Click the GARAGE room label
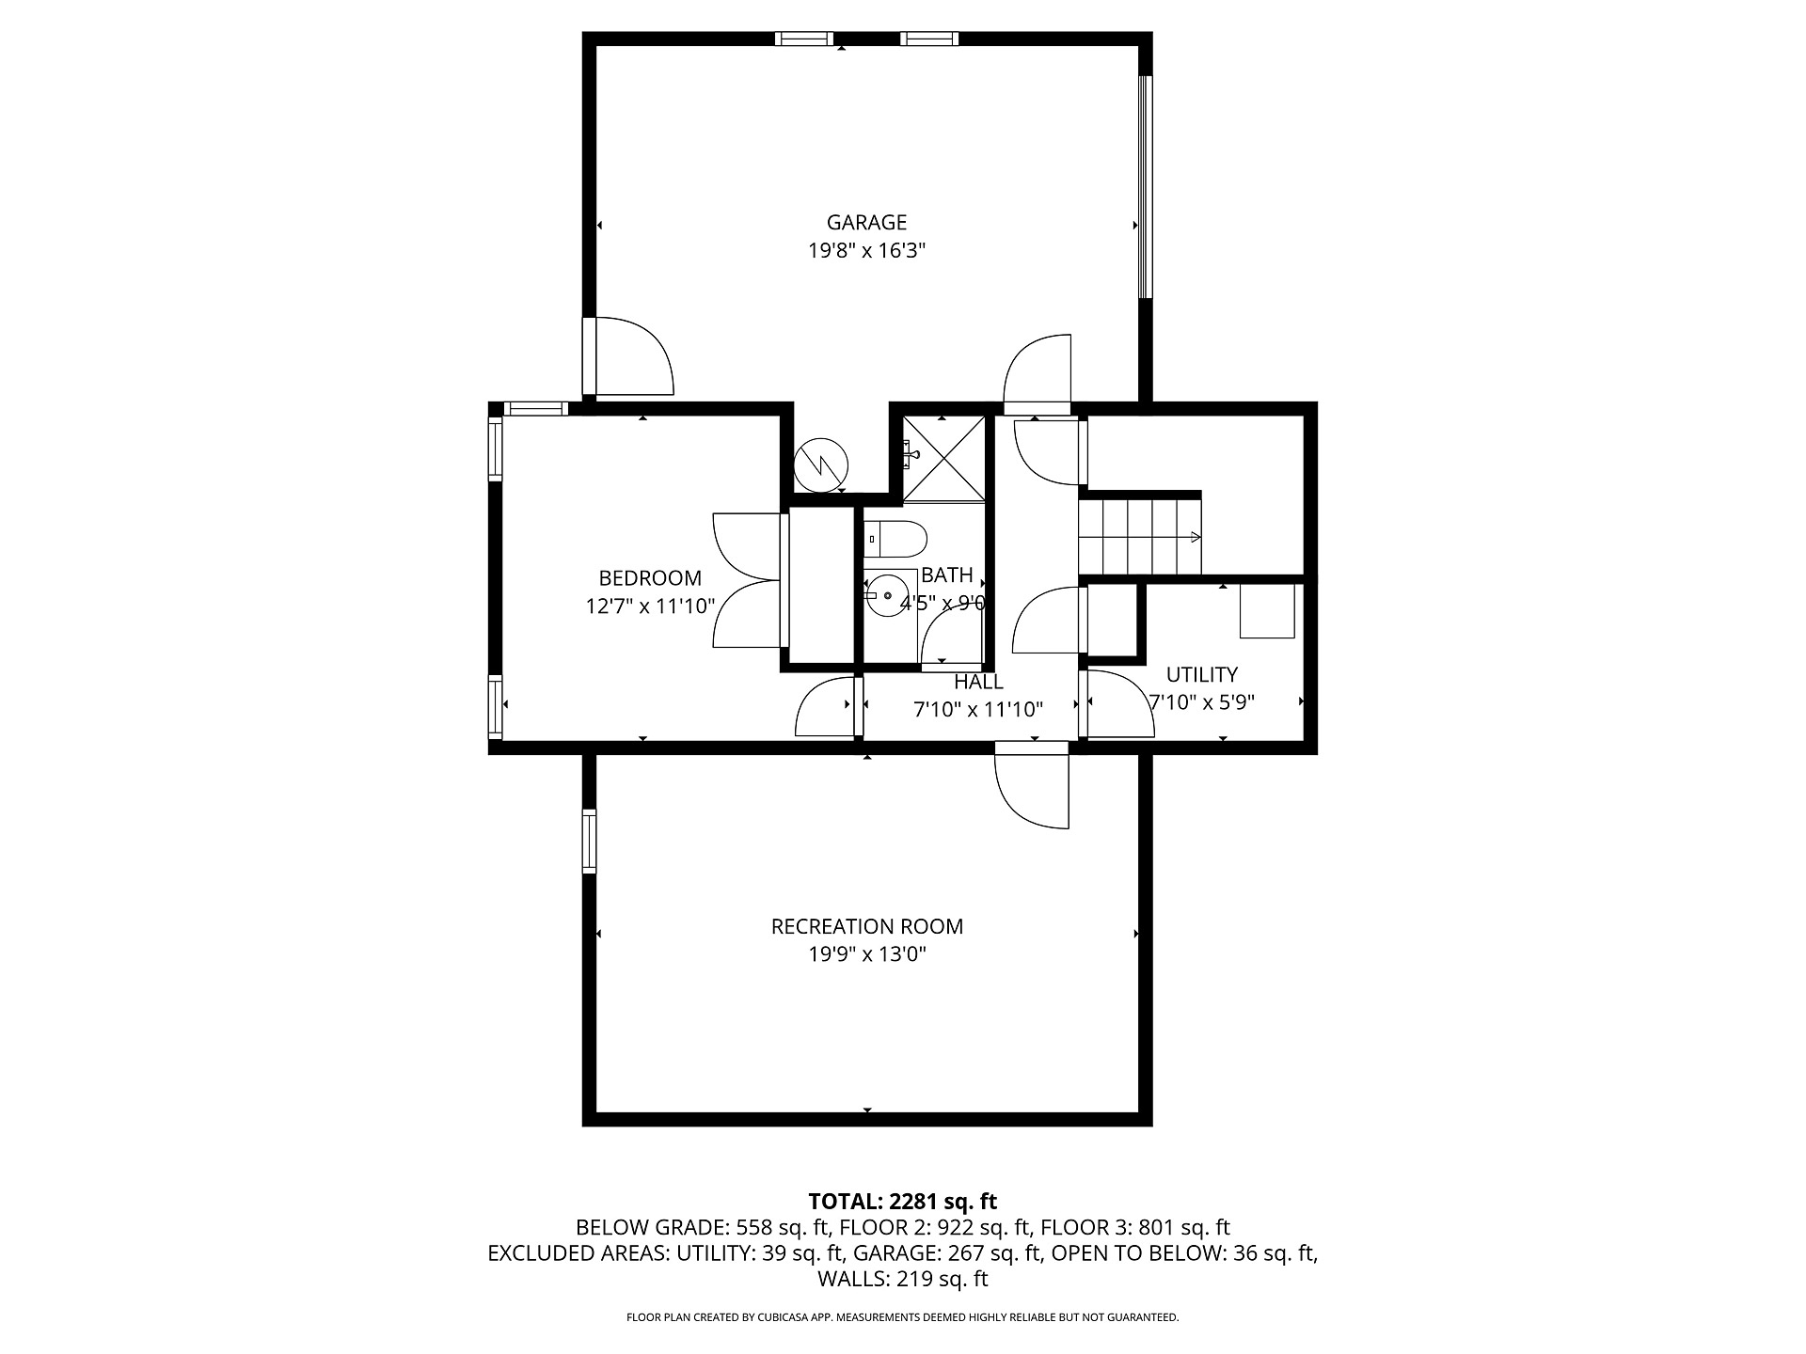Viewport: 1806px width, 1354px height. coord(866,223)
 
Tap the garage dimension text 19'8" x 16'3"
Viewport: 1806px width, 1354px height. coord(866,251)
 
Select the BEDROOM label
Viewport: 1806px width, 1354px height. coord(650,578)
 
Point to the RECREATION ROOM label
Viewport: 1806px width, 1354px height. coord(867,926)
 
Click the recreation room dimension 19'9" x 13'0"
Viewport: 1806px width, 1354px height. coord(867,954)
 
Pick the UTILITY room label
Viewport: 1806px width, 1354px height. coord(1202,674)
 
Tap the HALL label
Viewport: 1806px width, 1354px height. coord(978,682)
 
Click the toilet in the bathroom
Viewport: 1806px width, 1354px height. coord(895,539)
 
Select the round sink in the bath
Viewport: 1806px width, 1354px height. coord(886,595)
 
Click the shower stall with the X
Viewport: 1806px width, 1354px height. coord(943,459)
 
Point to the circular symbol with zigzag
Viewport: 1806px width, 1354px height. coord(821,464)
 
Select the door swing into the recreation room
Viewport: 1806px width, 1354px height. coord(1032,791)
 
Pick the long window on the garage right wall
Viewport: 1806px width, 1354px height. coord(1145,187)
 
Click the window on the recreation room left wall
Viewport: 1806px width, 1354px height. coord(589,841)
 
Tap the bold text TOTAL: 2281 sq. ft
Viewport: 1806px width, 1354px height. coord(903,1201)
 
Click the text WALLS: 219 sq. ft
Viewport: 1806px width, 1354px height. coord(903,1279)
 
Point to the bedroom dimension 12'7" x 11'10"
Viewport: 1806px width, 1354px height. coord(650,606)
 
